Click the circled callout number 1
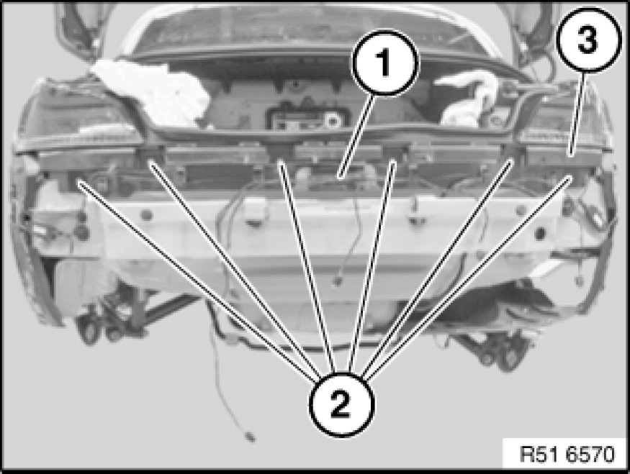[x=385, y=63]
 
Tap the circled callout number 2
[x=341, y=404]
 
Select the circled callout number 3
[x=588, y=40]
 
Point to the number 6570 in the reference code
[x=590, y=455]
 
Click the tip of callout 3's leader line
[x=570, y=155]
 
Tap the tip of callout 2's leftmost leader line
[x=79, y=183]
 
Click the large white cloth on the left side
[x=155, y=91]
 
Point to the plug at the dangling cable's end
[x=250, y=437]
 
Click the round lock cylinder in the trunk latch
[x=332, y=119]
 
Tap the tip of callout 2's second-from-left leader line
[x=150, y=162]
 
